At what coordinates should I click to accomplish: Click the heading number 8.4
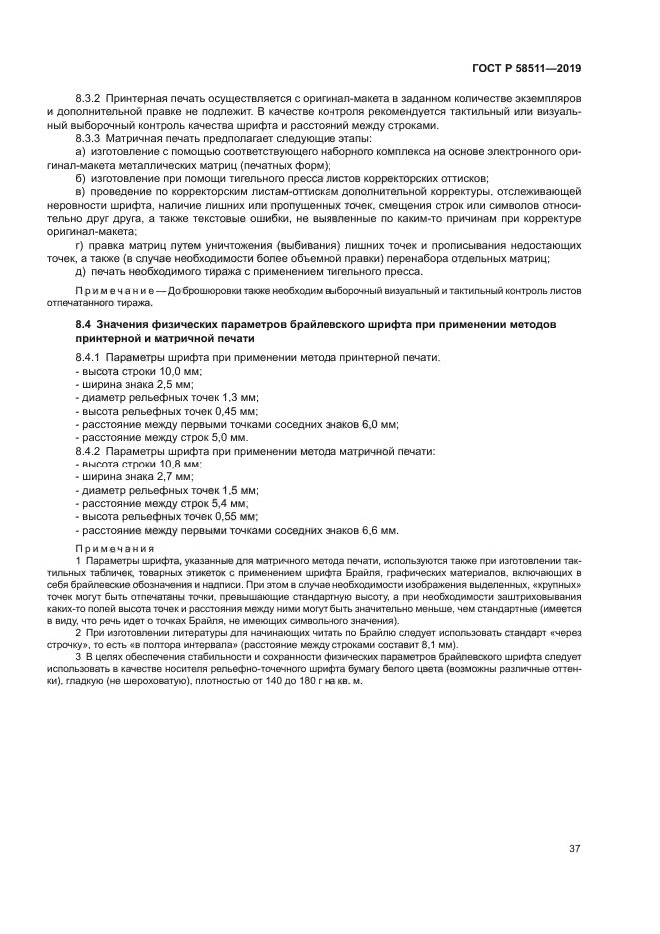pos(84,326)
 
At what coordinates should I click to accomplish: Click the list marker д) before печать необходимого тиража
pos(81,273)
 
